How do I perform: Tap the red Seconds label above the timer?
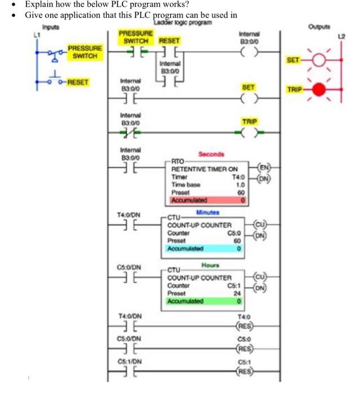tap(211, 154)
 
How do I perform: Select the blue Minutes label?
tap(208, 213)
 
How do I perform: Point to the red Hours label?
tap(210, 265)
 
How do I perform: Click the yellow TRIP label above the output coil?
tap(249, 121)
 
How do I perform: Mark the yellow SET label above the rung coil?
tap(249, 87)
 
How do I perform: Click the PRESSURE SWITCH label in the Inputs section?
tap(85, 52)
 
